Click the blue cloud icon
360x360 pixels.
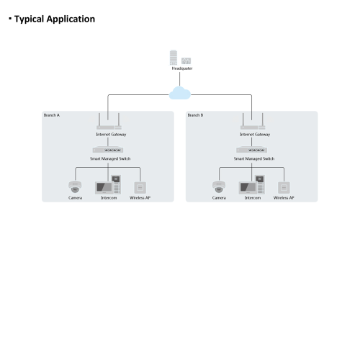click(x=180, y=93)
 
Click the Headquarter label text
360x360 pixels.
click(x=182, y=68)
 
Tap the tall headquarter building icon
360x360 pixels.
click(x=174, y=58)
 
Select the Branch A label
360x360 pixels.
click(x=52, y=115)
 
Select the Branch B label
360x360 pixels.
click(x=195, y=115)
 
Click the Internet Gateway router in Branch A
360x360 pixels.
click(x=109, y=122)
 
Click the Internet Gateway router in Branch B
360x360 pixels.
click(x=253, y=122)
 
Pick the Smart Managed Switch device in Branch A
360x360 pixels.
click(x=108, y=150)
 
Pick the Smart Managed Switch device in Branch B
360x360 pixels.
click(x=252, y=150)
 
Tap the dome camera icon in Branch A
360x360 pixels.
click(x=75, y=186)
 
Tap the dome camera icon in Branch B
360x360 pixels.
click(x=219, y=186)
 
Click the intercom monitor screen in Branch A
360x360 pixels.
click(x=104, y=188)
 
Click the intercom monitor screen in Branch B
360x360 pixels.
click(x=248, y=188)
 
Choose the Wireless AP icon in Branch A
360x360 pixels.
click(x=140, y=188)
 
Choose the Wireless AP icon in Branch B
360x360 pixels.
click(x=284, y=188)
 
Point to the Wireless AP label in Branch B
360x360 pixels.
click(x=284, y=198)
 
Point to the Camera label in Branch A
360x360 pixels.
click(x=75, y=198)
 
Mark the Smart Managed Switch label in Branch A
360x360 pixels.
click(x=110, y=158)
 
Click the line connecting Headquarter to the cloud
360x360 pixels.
click(x=180, y=79)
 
